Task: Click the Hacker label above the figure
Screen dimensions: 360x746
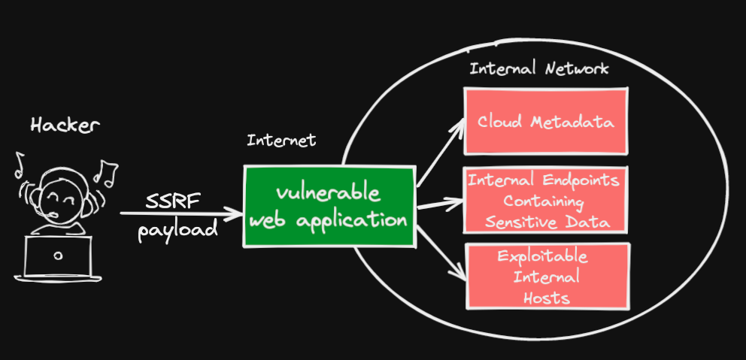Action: [x=65, y=126]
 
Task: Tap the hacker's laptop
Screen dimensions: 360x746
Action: [x=59, y=257]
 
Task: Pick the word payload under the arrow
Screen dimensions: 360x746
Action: [x=177, y=228]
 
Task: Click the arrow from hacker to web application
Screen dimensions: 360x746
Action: [x=180, y=214]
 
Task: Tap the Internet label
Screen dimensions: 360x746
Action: [x=281, y=141]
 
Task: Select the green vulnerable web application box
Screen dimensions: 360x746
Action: [x=329, y=207]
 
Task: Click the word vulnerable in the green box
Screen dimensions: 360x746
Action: [x=328, y=192]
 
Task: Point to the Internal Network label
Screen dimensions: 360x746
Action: [x=539, y=69]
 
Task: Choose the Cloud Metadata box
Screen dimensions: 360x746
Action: [x=545, y=121]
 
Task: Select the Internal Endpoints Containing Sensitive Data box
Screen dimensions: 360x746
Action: [x=545, y=201]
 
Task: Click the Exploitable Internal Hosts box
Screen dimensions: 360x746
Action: [x=546, y=276]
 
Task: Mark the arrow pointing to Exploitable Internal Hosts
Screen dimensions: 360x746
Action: [x=440, y=253]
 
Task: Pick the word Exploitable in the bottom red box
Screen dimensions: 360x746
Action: [x=543, y=257]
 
